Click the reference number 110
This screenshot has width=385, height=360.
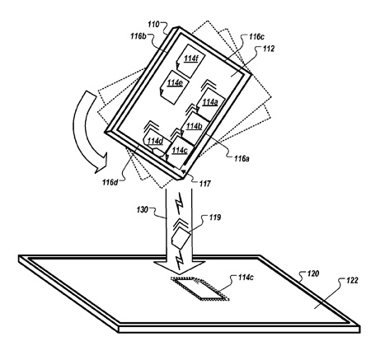pos(153,25)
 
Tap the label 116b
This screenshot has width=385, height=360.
pos(139,36)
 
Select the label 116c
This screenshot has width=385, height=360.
pos(256,37)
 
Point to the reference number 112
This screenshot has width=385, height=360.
pos(269,49)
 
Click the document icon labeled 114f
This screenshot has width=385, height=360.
pos(190,61)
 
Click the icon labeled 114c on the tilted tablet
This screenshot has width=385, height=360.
pos(180,152)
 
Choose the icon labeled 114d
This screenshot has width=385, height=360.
pos(154,143)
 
